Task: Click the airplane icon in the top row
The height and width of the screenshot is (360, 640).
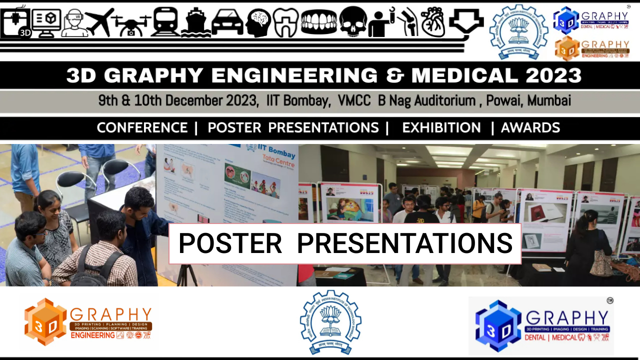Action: click(x=99, y=22)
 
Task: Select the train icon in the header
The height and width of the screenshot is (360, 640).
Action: click(x=164, y=22)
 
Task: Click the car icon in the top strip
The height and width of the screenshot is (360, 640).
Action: click(x=227, y=23)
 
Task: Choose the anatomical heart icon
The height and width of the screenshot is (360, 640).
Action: click(x=432, y=22)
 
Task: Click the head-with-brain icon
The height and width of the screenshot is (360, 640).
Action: click(x=258, y=23)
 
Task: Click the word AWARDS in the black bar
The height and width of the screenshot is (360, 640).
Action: click(x=530, y=128)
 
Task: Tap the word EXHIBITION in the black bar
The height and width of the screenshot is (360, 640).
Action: click(x=441, y=128)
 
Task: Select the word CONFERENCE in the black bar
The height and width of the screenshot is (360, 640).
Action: click(x=142, y=128)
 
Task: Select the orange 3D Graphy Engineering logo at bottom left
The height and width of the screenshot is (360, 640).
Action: click(x=88, y=322)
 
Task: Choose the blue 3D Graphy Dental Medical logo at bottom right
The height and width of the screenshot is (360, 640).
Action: click(x=541, y=325)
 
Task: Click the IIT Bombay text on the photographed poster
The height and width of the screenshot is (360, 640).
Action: click(x=270, y=151)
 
